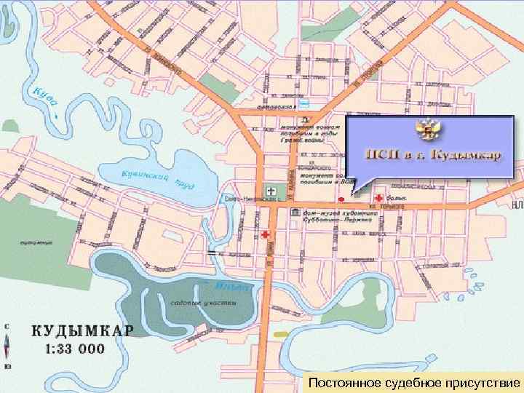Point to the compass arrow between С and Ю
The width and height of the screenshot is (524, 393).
[7, 346]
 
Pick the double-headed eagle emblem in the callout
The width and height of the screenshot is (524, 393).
[430, 132]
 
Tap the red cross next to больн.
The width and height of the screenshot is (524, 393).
[379, 197]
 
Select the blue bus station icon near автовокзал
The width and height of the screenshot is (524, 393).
[306, 103]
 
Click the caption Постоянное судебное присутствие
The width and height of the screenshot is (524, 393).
[413, 382]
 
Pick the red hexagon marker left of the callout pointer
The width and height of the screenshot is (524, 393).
[340, 197]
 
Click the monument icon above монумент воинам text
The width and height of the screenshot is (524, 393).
[306, 119]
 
